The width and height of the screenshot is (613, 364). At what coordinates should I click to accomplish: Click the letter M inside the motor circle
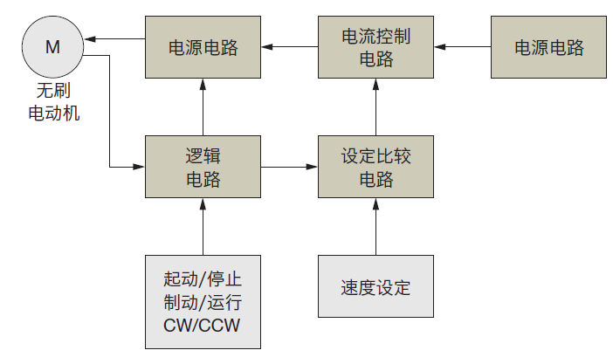52,47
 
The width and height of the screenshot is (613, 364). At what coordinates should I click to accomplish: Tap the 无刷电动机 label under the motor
54,102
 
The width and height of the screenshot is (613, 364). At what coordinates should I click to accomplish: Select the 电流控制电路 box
375,47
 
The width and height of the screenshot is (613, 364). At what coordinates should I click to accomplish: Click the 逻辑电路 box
203,167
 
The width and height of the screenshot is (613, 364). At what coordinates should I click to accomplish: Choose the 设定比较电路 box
375,167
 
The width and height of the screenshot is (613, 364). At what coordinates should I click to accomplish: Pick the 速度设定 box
375,286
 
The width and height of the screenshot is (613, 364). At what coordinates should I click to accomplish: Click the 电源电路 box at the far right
548,47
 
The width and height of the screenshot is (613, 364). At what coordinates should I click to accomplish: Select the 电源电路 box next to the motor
203,47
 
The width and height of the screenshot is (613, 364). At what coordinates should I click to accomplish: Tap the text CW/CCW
202,326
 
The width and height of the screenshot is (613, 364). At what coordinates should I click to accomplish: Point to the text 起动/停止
203,279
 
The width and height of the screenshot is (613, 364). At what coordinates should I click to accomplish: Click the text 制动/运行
203,302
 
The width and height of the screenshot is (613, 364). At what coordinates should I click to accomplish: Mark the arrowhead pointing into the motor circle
90,38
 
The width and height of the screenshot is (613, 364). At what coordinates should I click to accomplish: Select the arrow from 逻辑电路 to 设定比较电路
289,167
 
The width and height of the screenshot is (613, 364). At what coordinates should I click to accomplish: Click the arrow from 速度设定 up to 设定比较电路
375,227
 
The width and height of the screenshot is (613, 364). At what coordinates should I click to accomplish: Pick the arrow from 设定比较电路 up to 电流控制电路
375,107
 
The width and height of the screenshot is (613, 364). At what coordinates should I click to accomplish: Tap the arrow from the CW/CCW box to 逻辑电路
203,227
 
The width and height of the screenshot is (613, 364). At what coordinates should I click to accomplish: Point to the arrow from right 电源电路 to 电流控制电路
463,47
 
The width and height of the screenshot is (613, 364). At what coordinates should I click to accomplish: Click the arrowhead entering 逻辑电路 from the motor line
139,167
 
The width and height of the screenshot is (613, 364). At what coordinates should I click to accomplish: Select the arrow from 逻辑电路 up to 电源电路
203,107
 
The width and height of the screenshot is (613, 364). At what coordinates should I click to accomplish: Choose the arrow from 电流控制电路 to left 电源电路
289,47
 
